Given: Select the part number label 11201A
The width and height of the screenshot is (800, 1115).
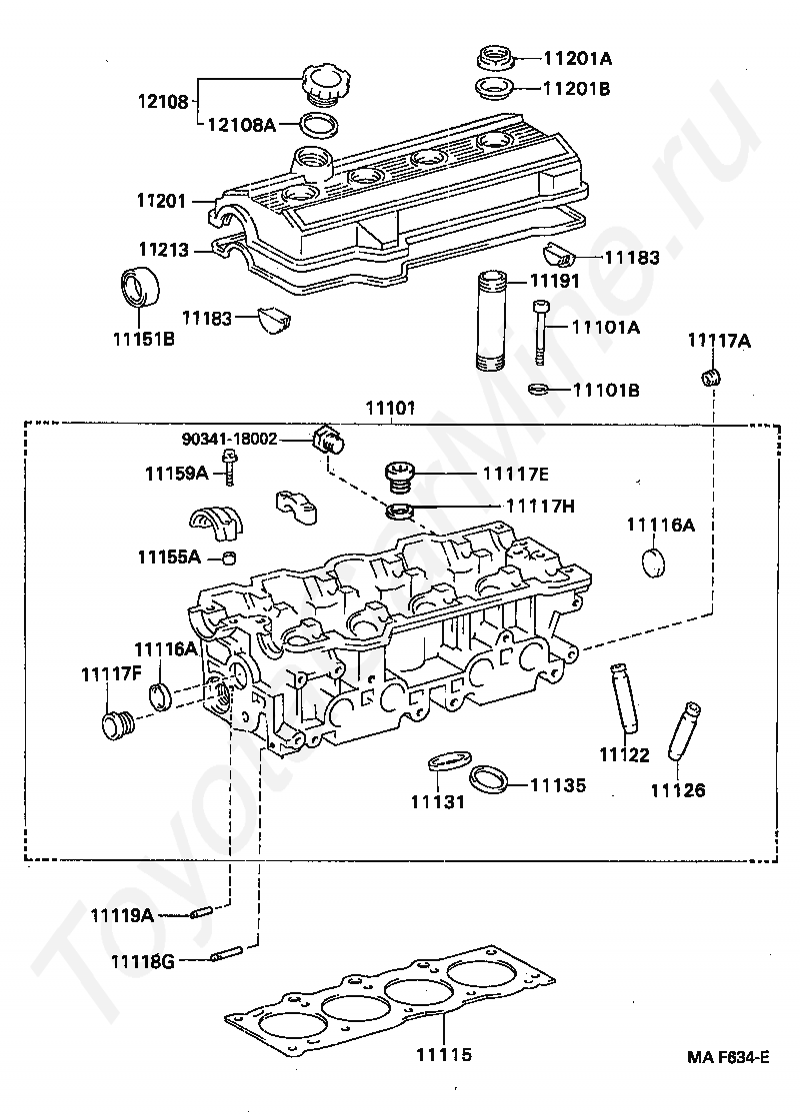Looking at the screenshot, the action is [577, 58].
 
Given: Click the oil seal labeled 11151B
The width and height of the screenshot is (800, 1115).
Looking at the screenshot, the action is [137, 288].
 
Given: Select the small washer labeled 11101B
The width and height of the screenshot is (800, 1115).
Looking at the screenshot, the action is [539, 390].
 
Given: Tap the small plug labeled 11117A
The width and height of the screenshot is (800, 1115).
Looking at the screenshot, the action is [711, 377].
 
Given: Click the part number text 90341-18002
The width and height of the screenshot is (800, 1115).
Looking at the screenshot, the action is [229, 439].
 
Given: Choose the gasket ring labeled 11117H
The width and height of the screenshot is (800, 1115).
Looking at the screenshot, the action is [400, 511].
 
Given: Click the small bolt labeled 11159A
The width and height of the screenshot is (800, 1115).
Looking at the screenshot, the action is [228, 467].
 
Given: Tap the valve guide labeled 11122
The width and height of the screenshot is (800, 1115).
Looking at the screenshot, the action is [623, 697].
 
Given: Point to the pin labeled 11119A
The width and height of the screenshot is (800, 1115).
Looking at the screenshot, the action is [201, 912].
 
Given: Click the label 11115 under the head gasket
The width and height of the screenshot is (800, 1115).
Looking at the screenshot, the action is [444, 1055].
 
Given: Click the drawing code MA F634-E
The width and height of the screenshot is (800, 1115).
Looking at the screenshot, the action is [728, 1057].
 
